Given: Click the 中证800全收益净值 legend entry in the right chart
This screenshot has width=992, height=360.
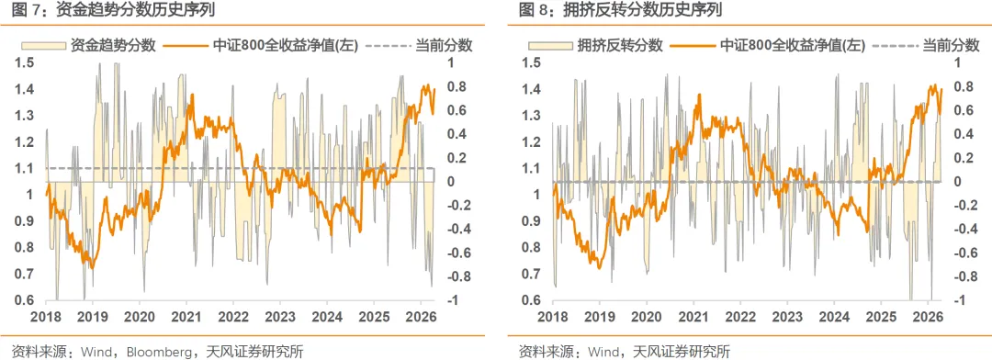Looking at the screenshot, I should coord(775,44).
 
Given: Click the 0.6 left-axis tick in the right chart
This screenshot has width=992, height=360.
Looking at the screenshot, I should coord(532,301).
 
